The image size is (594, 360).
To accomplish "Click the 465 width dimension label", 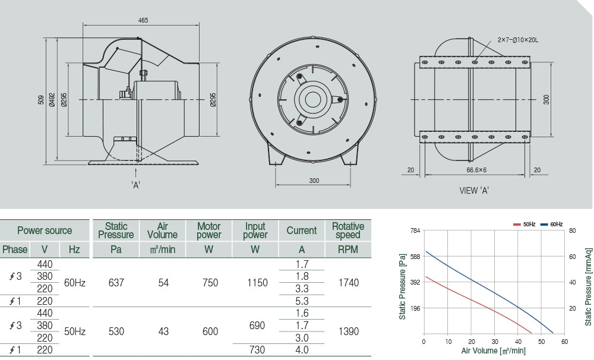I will (x=143, y=20).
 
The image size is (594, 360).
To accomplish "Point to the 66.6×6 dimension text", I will (x=476, y=170).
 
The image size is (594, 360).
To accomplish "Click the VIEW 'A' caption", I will (x=474, y=191).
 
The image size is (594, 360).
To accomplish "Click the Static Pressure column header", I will (x=116, y=230).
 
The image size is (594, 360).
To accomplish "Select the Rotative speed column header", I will (x=348, y=230).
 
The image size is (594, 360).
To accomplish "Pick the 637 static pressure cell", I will (x=116, y=283).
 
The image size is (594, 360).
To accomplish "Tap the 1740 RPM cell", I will (x=348, y=283).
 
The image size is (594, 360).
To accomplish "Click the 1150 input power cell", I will (x=255, y=283).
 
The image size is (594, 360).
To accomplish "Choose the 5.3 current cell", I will (x=302, y=301).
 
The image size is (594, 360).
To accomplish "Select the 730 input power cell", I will (x=255, y=350).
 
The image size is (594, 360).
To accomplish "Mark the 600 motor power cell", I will (x=210, y=331).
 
